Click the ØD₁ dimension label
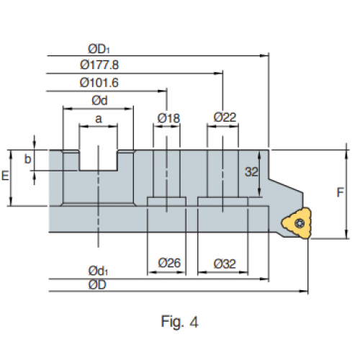coord(99,49)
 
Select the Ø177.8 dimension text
coord(99,65)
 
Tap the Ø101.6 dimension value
coord(99,83)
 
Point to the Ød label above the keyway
coord(99,100)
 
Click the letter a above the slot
coord(99,119)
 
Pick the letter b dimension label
coord(28,159)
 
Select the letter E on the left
coord(5,176)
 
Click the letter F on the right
coord(340,192)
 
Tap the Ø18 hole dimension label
coord(168,118)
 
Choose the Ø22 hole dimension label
coord(225,117)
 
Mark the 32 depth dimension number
coord(251,172)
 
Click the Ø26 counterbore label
coord(169,263)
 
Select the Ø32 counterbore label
coord(225,264)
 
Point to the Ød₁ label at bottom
coord(98,271)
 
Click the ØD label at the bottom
coord(97,285)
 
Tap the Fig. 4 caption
coord(179,322)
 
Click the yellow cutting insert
coord(297,223)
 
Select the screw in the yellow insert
coord(300,223)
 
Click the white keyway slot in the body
coord(99,161)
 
